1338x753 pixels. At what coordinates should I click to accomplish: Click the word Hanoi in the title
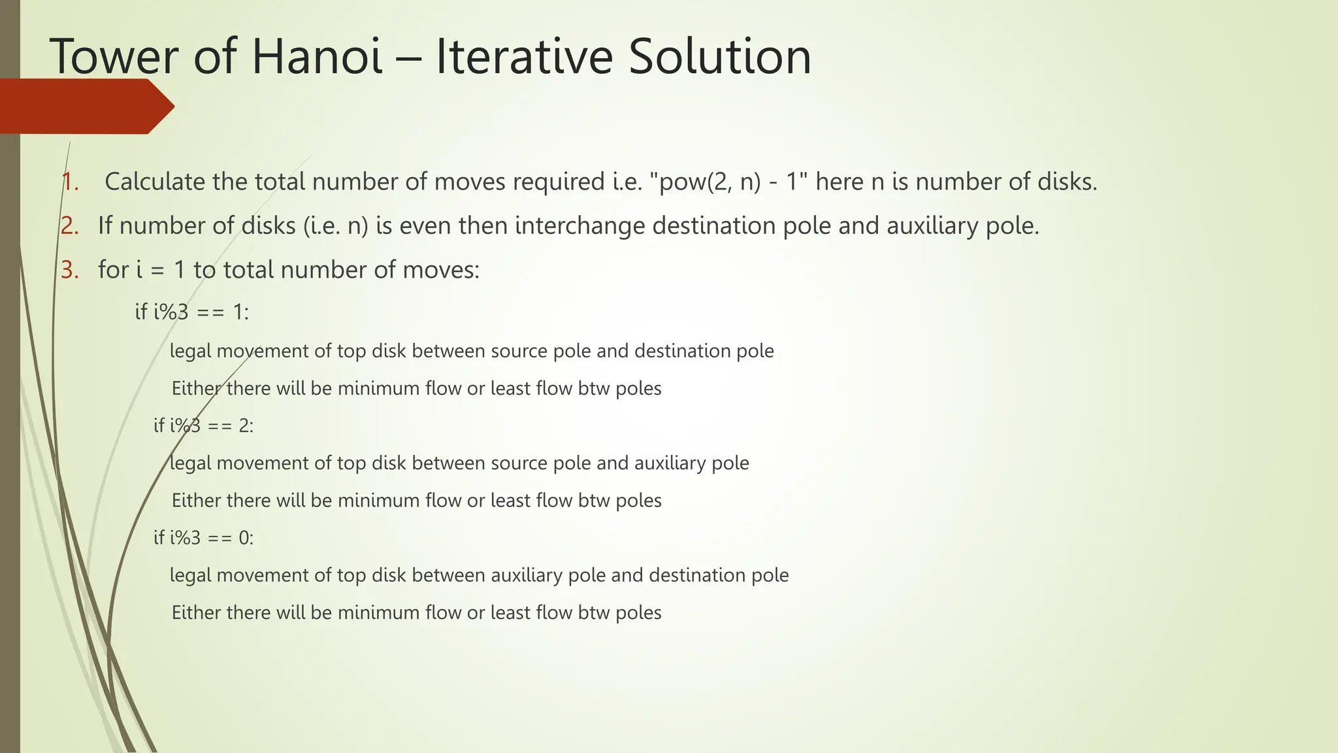point(317,56)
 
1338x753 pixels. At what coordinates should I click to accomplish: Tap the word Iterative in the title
point(524,56)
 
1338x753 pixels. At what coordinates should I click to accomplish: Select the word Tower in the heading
point(113,56)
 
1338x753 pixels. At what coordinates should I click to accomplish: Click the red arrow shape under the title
point(85,107)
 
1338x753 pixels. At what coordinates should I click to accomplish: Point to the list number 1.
point(70,182)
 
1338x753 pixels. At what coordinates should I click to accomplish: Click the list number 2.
point(70,226)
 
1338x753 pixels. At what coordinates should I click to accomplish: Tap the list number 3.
point(70,269)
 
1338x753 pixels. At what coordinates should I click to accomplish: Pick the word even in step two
point(426,226)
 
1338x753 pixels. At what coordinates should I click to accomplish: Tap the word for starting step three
point(113,269)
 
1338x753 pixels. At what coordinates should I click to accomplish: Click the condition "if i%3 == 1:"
point(192,312)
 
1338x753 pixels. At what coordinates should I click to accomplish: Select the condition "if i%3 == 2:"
point(203,426)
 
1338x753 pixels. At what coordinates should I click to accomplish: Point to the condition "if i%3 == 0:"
point(203,538)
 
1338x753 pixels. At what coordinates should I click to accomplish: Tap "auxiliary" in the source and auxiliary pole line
point(670,463)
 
